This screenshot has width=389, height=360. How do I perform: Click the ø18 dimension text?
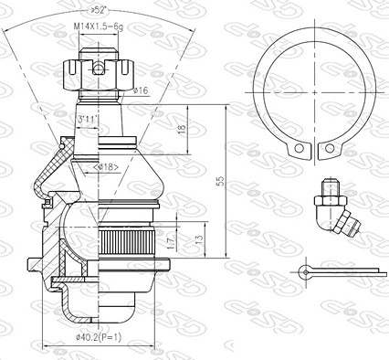click(108, 167)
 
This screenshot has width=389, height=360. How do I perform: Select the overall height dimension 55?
click(219, 182)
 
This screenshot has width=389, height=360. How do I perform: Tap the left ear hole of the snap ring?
click(297, 149)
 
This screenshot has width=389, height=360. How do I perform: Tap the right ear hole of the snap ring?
click(326, 149)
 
